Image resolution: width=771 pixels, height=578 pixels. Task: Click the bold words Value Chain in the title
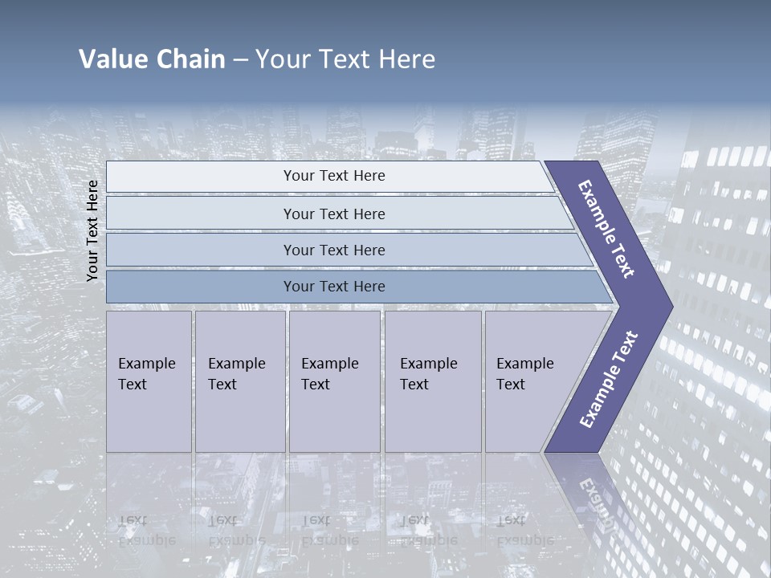coord(152,59)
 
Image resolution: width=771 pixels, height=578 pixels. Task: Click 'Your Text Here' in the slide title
coord(345,59)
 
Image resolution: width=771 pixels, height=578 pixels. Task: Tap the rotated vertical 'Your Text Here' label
coord(92,230)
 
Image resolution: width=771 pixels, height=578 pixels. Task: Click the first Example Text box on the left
coord(149,381)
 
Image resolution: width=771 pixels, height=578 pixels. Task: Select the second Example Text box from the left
coord(239,381)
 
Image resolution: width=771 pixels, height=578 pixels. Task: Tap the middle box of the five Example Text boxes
coord(334,381)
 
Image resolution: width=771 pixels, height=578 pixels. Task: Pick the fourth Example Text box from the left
coord(432,381)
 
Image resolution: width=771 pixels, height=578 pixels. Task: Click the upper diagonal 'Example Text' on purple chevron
coord(606,229)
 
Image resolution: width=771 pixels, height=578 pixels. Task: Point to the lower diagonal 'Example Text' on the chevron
coord(608,380)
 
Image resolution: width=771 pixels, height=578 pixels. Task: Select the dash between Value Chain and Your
coord(240,60)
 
